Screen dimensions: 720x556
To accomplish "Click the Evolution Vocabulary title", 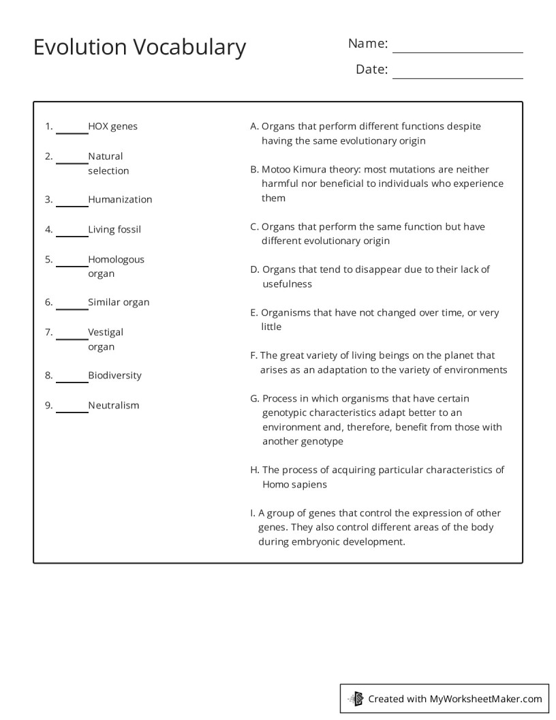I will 140,47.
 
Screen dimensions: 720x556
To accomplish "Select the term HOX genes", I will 112,126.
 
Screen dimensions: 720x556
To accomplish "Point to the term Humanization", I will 120,200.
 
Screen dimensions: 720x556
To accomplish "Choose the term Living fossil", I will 114,230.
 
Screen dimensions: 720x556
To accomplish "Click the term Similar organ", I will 119,302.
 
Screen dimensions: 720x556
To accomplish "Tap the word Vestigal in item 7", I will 106,332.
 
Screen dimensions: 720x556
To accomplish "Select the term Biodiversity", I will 114,376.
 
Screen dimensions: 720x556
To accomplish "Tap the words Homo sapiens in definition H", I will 294,485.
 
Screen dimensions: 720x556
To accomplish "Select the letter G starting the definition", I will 254,399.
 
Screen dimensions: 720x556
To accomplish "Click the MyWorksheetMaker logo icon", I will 356,698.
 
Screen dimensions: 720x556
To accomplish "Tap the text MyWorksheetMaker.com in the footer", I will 485,698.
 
